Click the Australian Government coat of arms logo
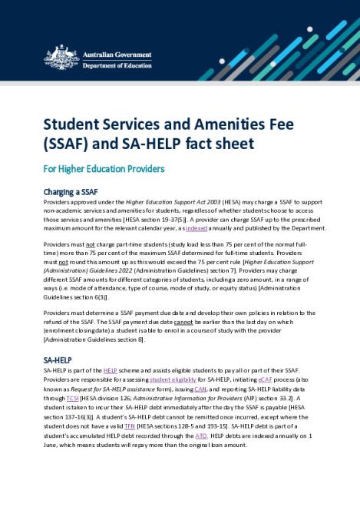coord(61,57)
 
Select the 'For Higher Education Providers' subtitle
coord(104,169)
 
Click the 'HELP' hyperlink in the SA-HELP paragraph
coord(110,370)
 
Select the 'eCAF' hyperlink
coord(266,379)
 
